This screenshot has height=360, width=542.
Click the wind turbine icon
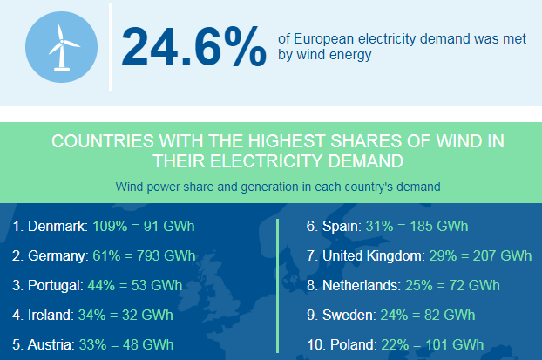[x=62, y=47]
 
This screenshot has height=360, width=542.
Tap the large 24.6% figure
[x=194, y=46]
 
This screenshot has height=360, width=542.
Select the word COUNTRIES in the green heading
[x=103, y=141]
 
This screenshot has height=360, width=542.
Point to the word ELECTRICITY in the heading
[x=266, y=161]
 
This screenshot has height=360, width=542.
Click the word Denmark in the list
[x=56, y=226]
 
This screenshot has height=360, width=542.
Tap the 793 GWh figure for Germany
[x=166, y=256]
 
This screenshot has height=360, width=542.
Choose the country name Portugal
[x=54, y=286]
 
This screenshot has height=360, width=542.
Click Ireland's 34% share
[x=92, y=315]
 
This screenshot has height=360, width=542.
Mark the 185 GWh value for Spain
[x=439, y=226]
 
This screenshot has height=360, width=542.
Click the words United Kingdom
[x=372, y=256]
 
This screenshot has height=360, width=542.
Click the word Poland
[x=351, y=345]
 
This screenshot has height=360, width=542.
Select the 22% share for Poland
[x=395, y=345]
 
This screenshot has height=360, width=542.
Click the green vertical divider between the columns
[x=277, y=286]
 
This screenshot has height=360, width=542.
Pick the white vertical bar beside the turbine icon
[x=110, y=47]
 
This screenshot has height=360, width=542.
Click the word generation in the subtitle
[x=269, y=187]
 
